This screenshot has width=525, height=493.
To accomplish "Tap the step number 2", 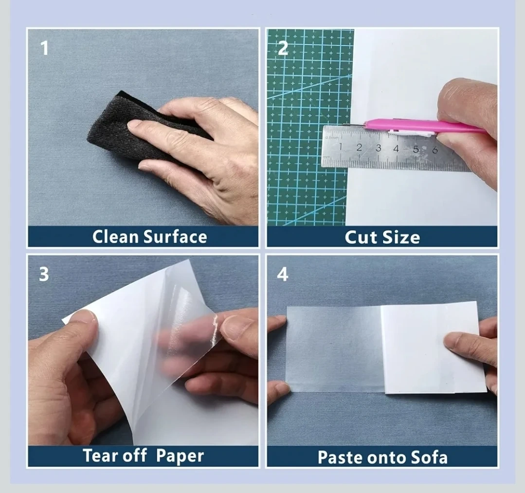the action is click(283, 48).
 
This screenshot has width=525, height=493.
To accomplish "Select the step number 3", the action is click(44, 274).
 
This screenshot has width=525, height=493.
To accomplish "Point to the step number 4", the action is click(283, 274).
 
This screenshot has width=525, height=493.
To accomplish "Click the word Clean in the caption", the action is click(115, 237).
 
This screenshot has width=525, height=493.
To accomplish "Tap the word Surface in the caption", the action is click(176, 237).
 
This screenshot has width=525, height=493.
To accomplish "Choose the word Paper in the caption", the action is click(180, 456).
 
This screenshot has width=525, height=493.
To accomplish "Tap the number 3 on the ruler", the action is click(379, 147).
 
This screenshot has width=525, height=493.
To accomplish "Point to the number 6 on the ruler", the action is click(435, 149).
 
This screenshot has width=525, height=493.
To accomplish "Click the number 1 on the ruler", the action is click(341, 146).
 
